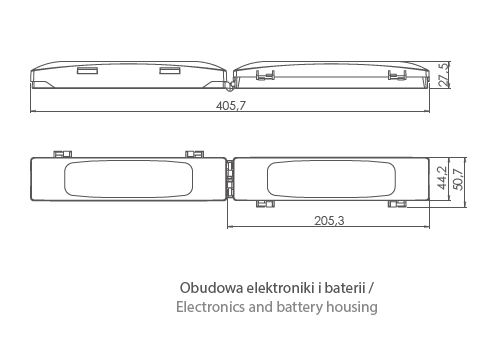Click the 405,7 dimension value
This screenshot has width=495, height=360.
(231, 106)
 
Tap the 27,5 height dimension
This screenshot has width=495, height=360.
(444, 75)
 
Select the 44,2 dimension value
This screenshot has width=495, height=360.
(443, 178)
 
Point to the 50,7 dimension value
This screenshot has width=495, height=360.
(459, 179)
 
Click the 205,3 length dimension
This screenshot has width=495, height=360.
(329, 220)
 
